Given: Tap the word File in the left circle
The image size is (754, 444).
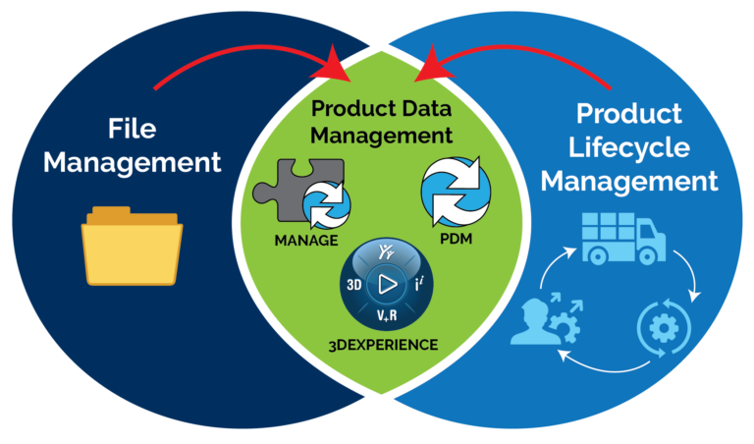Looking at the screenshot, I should tap(133, 129).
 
